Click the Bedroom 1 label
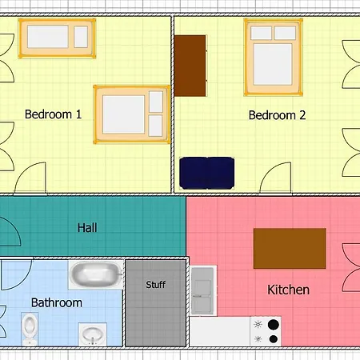53,114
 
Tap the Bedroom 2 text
277,115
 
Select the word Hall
87,228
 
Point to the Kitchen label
289,290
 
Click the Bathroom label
57,302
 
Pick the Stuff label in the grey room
156,285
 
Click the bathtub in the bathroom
96,274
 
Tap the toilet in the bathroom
30,329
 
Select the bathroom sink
93,334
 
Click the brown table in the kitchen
290,248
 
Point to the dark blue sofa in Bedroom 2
207,173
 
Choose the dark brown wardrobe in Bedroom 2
190,66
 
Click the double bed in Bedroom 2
274,57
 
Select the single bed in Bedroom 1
57,38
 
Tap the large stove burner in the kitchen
274,325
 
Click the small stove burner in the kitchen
274,339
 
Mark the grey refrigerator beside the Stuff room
202,290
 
